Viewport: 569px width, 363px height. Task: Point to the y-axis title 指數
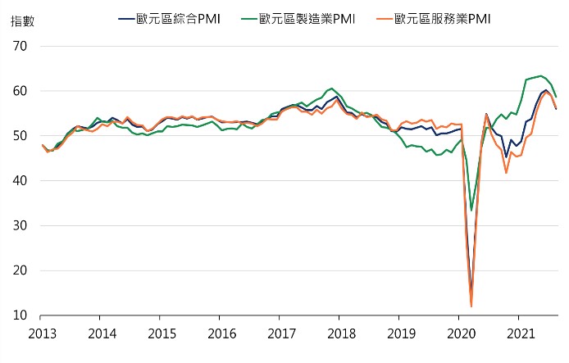pos(23,21)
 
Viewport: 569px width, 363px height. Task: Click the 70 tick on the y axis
pos(20,46)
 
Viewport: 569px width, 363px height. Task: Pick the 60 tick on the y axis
pos(20,91)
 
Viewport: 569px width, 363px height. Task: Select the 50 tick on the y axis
pos(20,136)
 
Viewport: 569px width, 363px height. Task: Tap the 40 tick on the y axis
pos(20,181)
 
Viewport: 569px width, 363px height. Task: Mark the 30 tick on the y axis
pos(20,226)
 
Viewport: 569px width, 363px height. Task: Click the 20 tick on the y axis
pos(20,271)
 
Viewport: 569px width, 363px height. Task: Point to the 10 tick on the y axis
pos(20,316)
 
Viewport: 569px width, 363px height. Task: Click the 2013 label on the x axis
pos(42,334)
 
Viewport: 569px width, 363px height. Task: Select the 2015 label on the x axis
pos(162,334)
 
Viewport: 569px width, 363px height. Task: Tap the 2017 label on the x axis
pos(281,334)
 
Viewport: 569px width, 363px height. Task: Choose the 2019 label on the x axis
pos(401,334)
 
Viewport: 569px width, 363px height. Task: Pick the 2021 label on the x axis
pos(521,334)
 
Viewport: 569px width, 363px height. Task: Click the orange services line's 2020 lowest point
pos(471,306)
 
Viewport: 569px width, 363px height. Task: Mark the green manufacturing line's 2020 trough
pos(471,211)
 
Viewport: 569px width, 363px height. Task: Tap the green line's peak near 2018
pos(331,88)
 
